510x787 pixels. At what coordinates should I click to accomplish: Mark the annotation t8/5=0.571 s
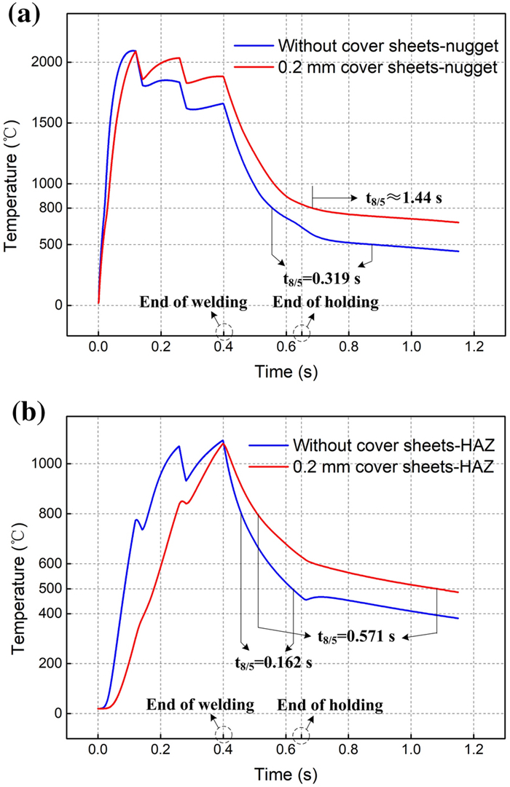[356, 636]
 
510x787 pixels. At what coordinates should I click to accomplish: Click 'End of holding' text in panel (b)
[330, 705]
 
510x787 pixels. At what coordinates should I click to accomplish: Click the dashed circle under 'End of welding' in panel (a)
[224, 332]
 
